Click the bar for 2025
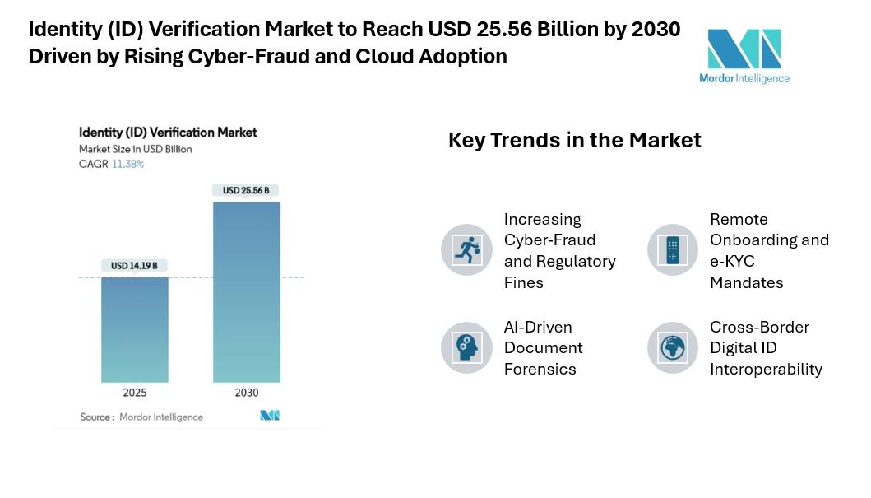(x=135, y=329)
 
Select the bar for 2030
(x=246, y=292)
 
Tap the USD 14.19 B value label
(x=134, y=266)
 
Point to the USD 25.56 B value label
(x=246, y=190)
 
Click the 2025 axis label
(x=135, y=393)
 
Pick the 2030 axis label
(x=246, y=393)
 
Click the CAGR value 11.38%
(x=127, y=164)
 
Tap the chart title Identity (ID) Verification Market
(x=168, y=132)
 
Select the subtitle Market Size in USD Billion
(x=136, y=149)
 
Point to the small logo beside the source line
(x=270, y=416)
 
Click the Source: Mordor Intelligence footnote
(x=141, y=417)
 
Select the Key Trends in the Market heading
(x=574, y=140)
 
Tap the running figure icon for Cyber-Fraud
(x=466, y=249)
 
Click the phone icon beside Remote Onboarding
(x=673, y=249)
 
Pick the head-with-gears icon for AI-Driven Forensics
(x=466, y=347)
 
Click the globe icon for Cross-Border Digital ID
(x=673, y=347)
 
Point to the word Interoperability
(x=766, y=369)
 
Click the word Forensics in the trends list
(x=540, y=369)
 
